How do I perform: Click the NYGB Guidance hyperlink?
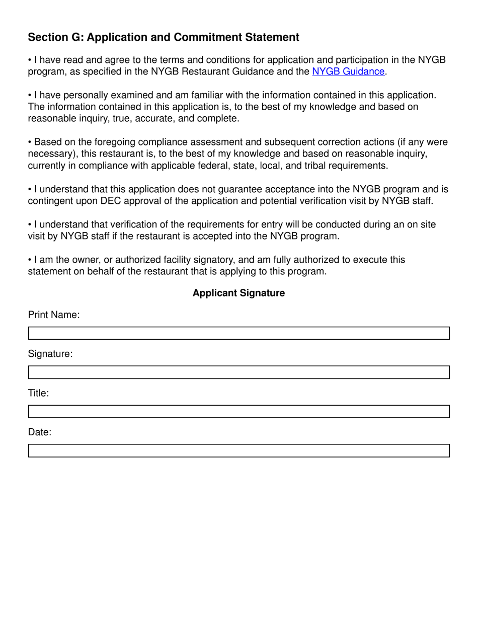click(x=348, y=71)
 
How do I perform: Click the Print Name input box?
click(x=238, y=333)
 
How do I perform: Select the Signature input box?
click(x=238, y=372)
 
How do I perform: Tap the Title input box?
click(x=238, y=412)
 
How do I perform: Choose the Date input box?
click(x=238, y=450)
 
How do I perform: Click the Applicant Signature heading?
click(x=238, y=293)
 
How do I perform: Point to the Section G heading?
click(x=164, y=37)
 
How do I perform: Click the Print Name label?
click(x=54, y=315)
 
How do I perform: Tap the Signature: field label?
click(x=50, y=354)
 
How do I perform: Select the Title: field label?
click(x=38, y=393)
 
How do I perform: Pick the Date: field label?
click(x=40, y=432)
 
